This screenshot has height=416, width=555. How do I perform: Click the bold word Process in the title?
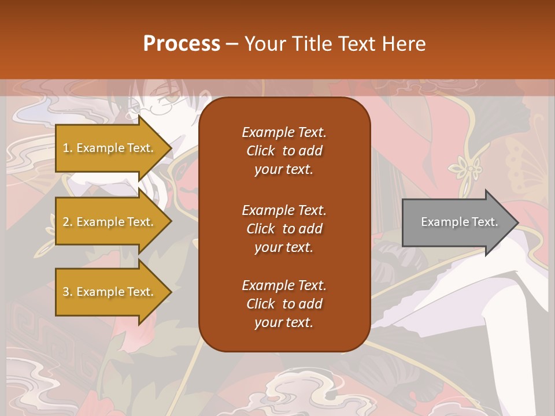[182, 44]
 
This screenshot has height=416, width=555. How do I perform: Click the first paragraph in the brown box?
[284, 151]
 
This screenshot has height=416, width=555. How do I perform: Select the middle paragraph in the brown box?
[284, 229]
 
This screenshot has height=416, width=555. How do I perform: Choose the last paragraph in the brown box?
[284, 304]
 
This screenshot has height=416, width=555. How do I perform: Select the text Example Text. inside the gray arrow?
[459, 222]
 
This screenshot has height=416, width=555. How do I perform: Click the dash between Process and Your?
[232, 44]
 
